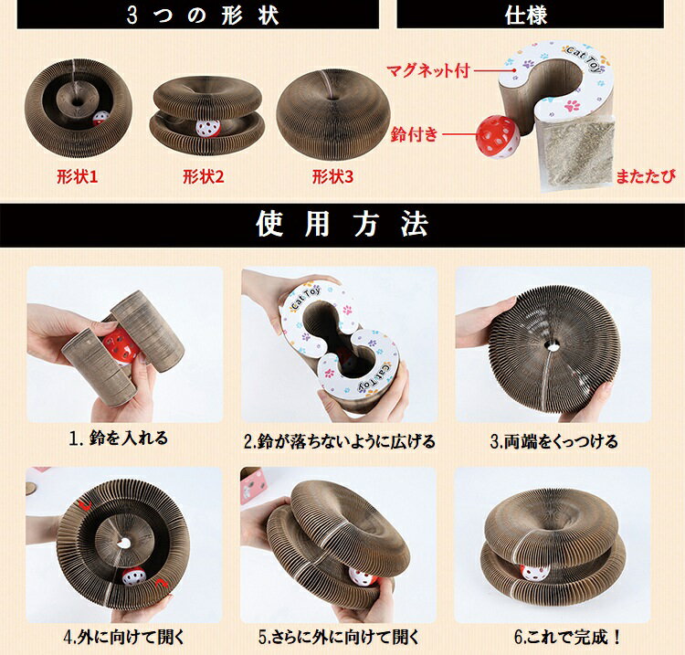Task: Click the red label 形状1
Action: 78,177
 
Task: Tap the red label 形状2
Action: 203,177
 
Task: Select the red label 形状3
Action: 332,177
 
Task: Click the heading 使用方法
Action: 342,224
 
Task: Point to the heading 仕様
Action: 526,15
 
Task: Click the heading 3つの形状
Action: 203,15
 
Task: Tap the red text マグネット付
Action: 428,70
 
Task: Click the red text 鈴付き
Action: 414,134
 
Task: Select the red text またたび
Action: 645,176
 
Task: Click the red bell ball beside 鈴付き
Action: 498,137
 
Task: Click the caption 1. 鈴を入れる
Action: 119,438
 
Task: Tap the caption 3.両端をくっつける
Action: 554,441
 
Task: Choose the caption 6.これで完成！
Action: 567,637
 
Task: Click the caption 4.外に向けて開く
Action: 124,637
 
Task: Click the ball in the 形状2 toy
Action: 208,128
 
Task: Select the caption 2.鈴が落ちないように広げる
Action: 340,441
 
